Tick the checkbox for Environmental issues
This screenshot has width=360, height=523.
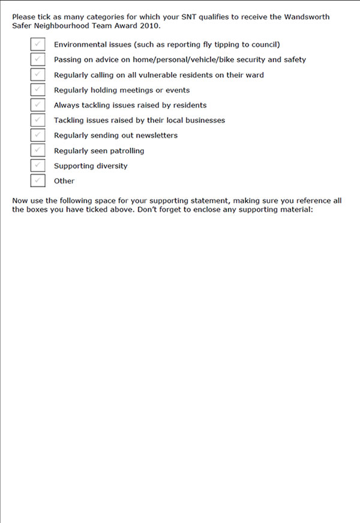click(38, 44)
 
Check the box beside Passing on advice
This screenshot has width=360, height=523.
click(38, 59)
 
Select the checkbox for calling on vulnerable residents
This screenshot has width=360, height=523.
click(38, 74)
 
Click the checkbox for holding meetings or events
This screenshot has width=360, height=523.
click(38, 90)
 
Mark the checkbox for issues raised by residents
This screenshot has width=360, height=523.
click(38, 105)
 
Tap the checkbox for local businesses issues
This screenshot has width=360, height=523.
click(38, 120)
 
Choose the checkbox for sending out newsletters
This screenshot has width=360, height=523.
click(38, 135)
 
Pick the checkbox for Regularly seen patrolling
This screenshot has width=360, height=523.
click(38, 151)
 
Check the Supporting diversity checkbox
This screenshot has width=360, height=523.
click(38, 166)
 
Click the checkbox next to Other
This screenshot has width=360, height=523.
click(38, 181)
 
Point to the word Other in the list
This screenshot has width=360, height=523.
click(64, 181)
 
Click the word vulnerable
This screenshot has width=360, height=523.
click(162, 75)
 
